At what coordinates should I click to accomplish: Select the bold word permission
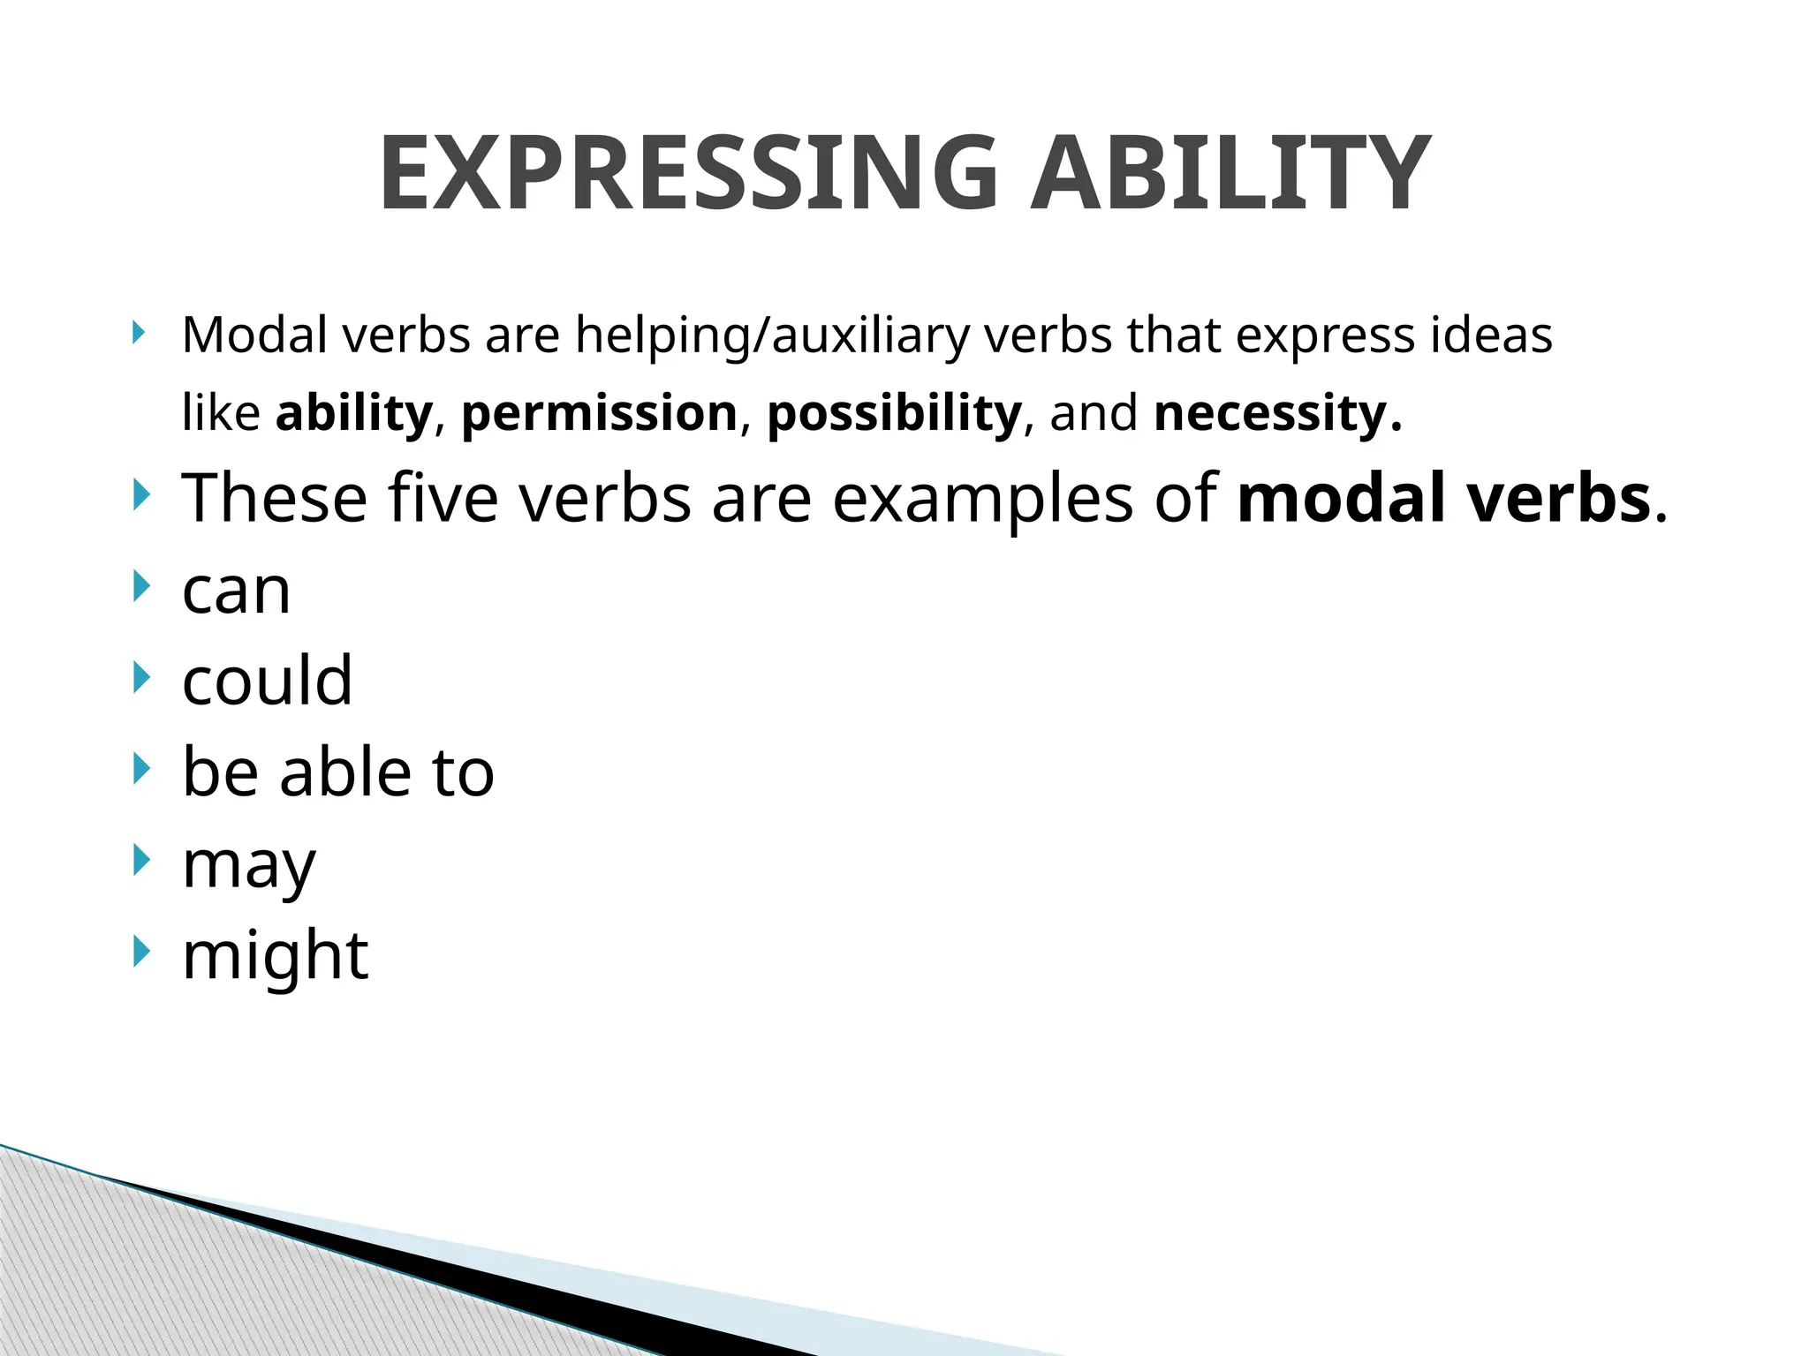point(599,413)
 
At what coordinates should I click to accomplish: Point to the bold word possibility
point(894,413)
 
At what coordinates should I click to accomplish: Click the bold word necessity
point(1277,413)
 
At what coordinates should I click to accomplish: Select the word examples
point(982,500)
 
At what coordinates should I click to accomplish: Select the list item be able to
point(337,772)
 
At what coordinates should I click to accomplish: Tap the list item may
point(248,865)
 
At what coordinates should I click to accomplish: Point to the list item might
point(275,956)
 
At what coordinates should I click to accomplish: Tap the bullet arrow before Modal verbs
point(138,333)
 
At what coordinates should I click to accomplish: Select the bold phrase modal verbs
point(1444,498)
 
